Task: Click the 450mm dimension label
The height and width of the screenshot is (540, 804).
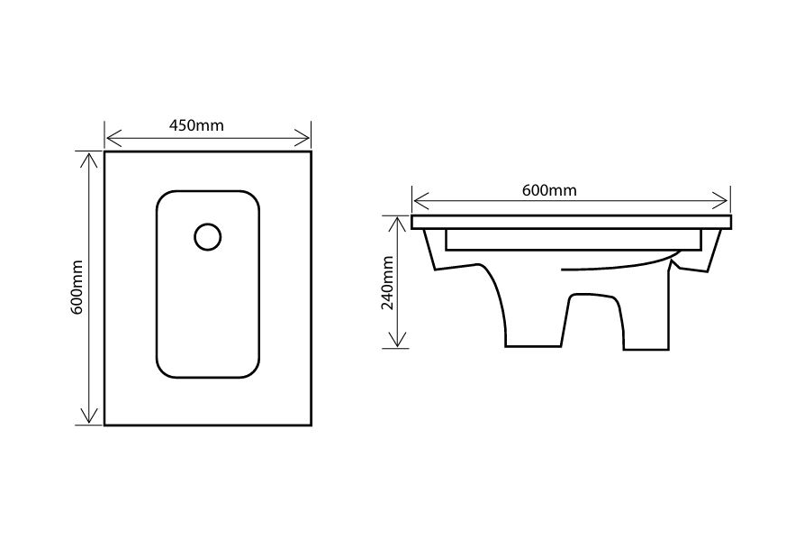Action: [x=196, y=125]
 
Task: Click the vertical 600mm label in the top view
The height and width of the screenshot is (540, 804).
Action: [x=77, y=288]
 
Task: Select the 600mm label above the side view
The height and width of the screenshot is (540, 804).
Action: [x=549, y=190]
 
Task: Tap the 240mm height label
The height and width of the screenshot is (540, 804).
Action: [x=388, y=283]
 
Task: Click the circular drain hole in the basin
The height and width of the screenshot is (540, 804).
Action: [x=208, y=237]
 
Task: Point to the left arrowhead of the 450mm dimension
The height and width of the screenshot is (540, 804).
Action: [x=113, y=138]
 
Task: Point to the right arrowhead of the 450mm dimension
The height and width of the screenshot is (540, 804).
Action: [x=303, y=138]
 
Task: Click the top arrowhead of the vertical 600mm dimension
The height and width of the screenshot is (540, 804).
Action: [x=89, y=160]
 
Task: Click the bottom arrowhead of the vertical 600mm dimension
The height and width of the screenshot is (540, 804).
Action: [x=89, y=416]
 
